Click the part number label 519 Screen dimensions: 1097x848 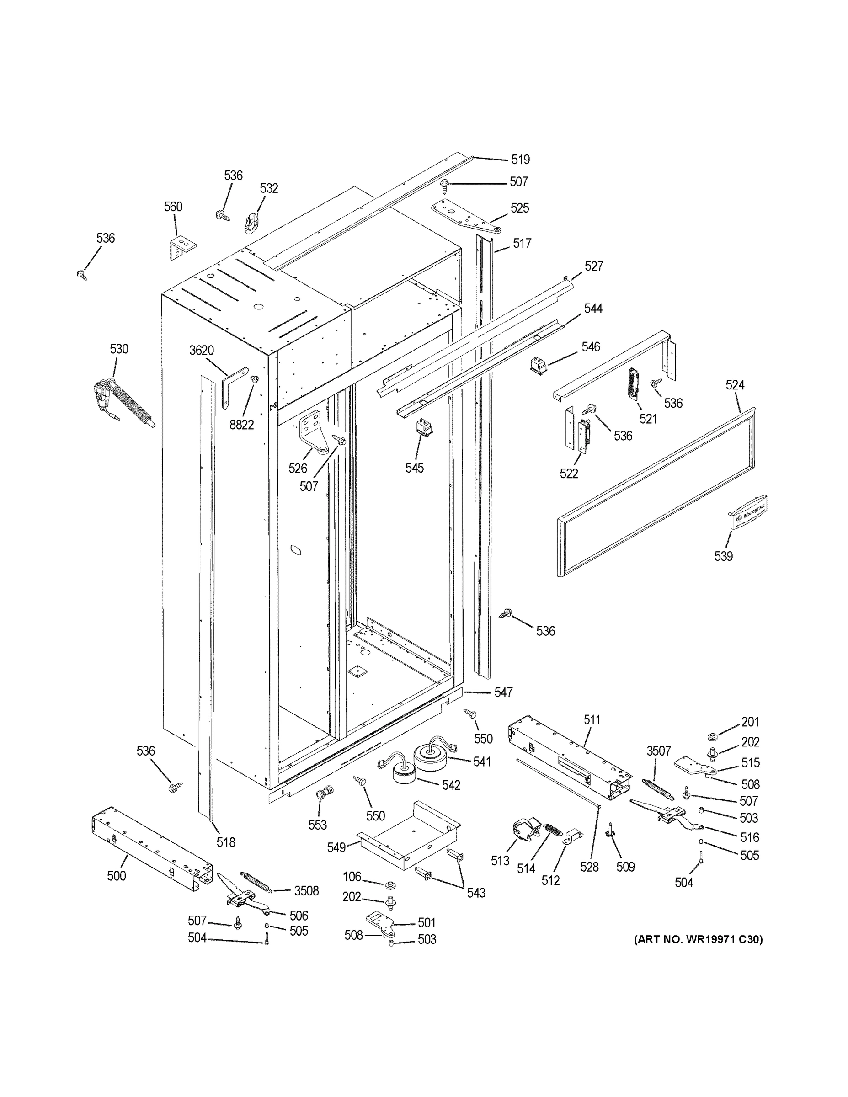pos(520,160)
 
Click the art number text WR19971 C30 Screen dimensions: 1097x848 pos(698,939)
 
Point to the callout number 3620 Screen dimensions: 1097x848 pos(202,351)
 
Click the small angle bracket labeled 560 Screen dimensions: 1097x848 pos(181,248)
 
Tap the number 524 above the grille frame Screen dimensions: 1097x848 pos(735,385)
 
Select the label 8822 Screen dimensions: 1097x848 pos(242,425)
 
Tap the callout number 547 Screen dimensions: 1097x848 pos(503,692)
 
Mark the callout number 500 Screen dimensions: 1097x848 pos(117,876)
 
